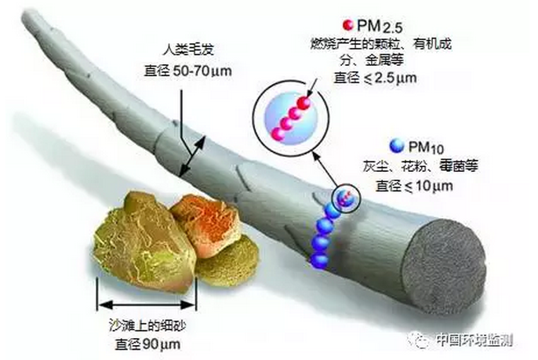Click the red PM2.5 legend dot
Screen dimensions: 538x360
(x=348, y=25)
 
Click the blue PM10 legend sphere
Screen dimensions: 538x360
(x=397, y=146)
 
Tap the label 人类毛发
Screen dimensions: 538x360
(x=189, y=49)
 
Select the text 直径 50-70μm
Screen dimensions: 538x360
(x=188, y=71)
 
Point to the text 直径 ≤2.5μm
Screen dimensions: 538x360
(x=376, y=78)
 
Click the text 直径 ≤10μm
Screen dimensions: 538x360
(x=414, y=186)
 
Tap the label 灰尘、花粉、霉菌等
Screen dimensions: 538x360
(x=420, y=166)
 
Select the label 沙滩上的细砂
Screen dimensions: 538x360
(x=147, y=325)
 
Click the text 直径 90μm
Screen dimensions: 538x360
(x=148, y=344)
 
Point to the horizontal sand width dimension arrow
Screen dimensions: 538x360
(x=147, y=304)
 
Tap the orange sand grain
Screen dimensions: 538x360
(x=205, y=225)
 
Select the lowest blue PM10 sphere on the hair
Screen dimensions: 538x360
(x=320, y=260)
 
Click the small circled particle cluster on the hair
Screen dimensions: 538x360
(x=346, y=198)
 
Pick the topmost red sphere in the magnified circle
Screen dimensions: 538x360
(x=304, y=103)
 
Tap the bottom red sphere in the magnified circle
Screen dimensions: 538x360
(x=278, y=134)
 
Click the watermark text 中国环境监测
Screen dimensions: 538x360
(x=475, y=340)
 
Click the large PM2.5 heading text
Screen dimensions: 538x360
(x=380, y=26)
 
